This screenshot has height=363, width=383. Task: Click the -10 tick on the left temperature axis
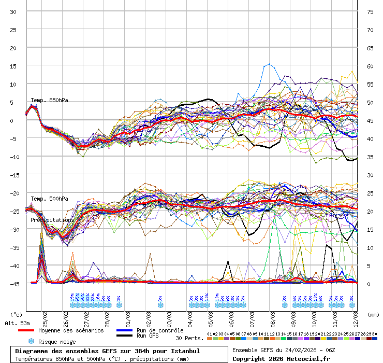pyautogui.click(x=14, y=157)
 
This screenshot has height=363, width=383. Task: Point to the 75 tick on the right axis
pyautogui.click(x=370, y=11)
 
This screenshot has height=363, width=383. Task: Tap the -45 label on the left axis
pyautogui.click(x=14, y=284)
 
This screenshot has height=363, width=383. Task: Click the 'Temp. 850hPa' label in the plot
pyautogui.click(x=49, y=100)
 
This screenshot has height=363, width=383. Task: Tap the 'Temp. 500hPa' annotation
pyautogui.click(x=49, y=199)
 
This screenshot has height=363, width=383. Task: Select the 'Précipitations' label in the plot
pyautogui.click(x=52, y=220)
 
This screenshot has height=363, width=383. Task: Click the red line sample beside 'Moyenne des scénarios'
pyautogui.click(x=33, y=330)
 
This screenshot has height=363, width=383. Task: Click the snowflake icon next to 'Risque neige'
pyautogui.click(x=31, y=341)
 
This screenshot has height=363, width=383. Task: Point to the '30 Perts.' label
pyautogui.click(x=189, y=338)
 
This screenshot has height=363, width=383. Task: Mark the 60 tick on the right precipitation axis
pyautogui.click(x=370, y=66)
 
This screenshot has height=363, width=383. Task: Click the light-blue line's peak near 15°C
pyautogui.click(x=269, y=64)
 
